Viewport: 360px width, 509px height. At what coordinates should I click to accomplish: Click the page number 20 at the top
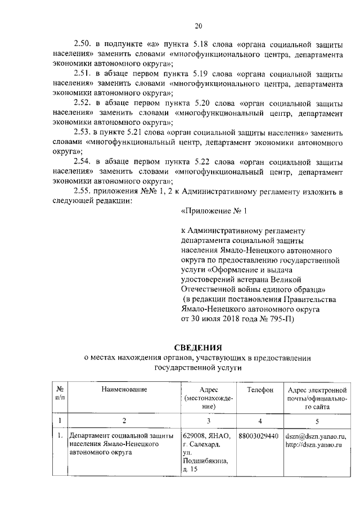198,25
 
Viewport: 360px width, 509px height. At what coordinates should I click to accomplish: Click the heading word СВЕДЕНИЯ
197,347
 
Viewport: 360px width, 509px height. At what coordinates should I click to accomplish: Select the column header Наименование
124,389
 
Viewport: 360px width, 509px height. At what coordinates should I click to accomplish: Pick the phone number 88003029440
259,436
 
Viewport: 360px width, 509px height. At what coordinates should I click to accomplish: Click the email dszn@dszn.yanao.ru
316,436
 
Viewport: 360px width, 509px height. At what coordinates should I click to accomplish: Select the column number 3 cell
208,420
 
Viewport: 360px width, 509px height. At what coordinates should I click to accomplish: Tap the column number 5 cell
317,420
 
